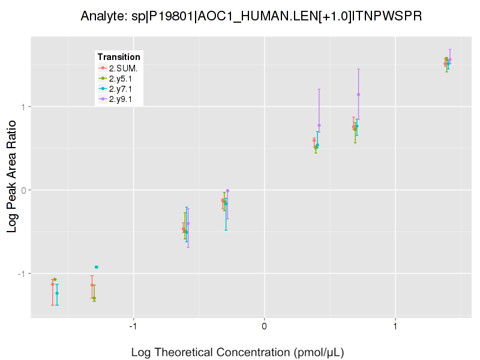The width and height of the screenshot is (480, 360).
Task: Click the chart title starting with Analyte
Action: [251, 16]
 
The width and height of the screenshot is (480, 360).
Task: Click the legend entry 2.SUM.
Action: [122, 68]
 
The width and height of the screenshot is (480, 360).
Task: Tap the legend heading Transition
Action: [119, 57]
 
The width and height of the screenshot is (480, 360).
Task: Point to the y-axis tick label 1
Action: [23, 107]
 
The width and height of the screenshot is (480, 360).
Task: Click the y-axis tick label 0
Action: [23, 190]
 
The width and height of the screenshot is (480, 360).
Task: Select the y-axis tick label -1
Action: [22, 274]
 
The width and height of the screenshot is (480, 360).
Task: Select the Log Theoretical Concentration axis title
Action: [238, 352]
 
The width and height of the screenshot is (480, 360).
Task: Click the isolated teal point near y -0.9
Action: [96, 267]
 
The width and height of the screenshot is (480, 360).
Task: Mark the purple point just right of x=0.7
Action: [358, 94]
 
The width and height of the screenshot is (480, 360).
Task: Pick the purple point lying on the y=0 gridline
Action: [227, 191]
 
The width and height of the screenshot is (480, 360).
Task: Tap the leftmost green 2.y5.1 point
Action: [55, 280]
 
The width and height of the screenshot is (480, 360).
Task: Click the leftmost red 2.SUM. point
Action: [52, 284]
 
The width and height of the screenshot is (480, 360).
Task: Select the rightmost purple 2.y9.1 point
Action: [449, 59]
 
